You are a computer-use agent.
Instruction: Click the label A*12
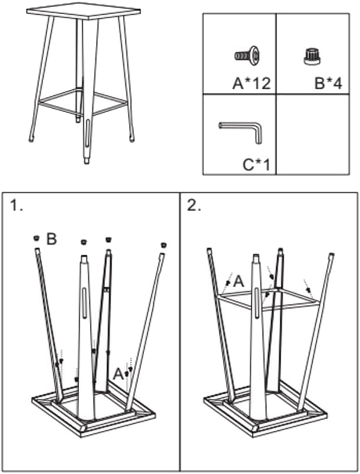pyautogui.click(x=251, y=83)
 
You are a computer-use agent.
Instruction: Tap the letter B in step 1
pyautogui.click(x=51, y=239)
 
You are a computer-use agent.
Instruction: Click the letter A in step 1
pyautogui.click(x=118, y=373)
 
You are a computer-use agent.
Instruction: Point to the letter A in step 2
pyautogui.click(x=238, y=282)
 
